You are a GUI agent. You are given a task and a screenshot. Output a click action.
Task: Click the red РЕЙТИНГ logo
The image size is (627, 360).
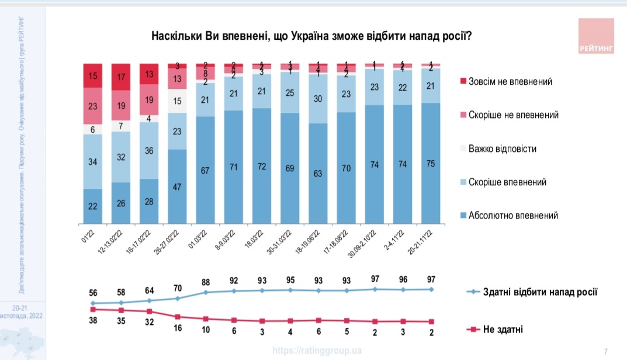click(596, 37)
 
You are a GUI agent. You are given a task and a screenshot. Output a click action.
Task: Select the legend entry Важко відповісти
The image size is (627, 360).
click(501, 148)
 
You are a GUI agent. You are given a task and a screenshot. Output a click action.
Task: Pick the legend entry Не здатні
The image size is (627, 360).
click(501, 330)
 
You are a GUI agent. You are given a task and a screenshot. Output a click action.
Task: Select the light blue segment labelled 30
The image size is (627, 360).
click(318, 99)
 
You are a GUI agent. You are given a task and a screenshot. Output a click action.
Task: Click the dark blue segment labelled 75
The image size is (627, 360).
click(431, 164)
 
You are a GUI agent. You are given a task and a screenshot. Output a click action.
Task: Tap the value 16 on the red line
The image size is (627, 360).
click(178, 328)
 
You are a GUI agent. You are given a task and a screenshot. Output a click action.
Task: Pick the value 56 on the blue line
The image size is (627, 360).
click(92, 293)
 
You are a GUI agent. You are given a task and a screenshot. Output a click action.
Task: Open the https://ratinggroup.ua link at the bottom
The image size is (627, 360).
click(317, 351)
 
